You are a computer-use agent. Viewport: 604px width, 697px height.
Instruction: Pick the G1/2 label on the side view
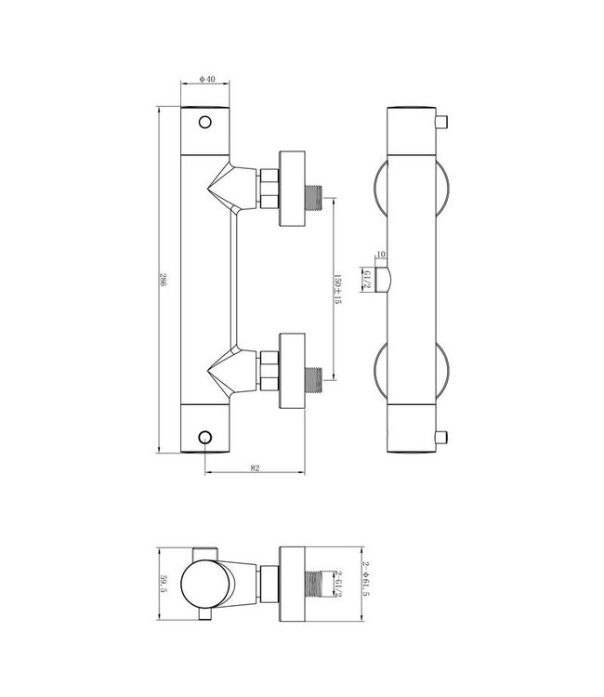(x=368, y=279)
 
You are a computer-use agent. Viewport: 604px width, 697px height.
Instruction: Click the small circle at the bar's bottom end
(x=205, y=438)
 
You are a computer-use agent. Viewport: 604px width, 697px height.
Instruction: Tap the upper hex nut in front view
(x=270, y=188)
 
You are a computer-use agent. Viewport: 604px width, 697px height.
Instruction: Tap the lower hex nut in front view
(x=270, y=371)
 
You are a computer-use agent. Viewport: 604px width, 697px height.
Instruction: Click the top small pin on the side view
(x=444, y=121)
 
